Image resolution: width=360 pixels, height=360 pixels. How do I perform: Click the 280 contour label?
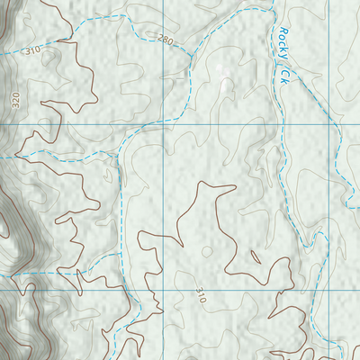tap(165, 40)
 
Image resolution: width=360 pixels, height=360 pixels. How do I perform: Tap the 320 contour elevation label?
tap(16, 99)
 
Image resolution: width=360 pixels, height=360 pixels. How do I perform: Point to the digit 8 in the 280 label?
tap(165, 40)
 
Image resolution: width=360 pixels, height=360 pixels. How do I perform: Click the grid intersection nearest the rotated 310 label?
tap(165, 291)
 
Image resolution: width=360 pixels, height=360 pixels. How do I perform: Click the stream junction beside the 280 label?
tap(192, 54)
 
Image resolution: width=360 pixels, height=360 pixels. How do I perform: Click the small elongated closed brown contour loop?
tap(256, 257)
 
